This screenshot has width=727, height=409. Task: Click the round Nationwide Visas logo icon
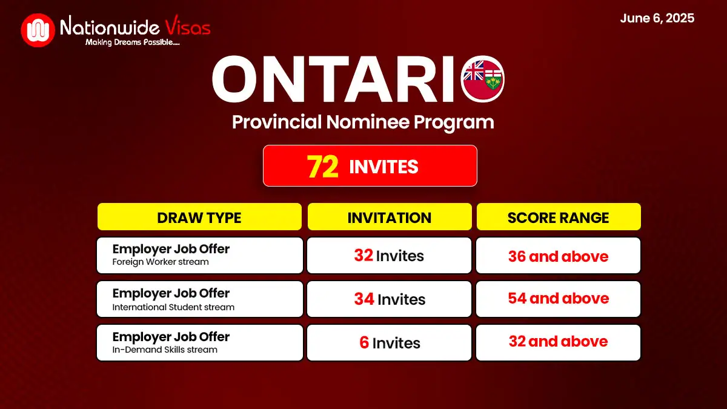point(38,30)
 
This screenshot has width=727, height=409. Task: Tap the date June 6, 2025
point(657,18)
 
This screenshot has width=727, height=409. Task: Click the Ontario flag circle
point(482,79)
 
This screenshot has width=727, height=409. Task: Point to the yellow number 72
point(322,167)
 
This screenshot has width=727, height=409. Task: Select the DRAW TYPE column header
point(199,217)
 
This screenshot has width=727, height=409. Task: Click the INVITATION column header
point(390,217)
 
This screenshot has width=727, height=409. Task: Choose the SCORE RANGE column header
point(559,217)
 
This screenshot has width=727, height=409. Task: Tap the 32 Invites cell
point(389,256)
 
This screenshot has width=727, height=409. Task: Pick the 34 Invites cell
point(389,299)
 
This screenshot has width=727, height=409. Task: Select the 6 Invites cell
point(389,342)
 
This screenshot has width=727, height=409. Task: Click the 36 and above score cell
point(558,256)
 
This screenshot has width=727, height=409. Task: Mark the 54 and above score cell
point(558,299)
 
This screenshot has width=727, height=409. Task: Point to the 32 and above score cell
point(558,342)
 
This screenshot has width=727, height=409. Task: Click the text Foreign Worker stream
point(161,262)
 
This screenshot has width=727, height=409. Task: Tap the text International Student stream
point(173,307)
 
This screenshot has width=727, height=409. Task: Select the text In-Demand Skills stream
point(165,350)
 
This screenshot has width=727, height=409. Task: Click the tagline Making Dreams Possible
point(133,42)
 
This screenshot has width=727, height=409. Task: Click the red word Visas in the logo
point(188,25)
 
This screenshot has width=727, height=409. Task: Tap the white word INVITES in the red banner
point(383,167)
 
